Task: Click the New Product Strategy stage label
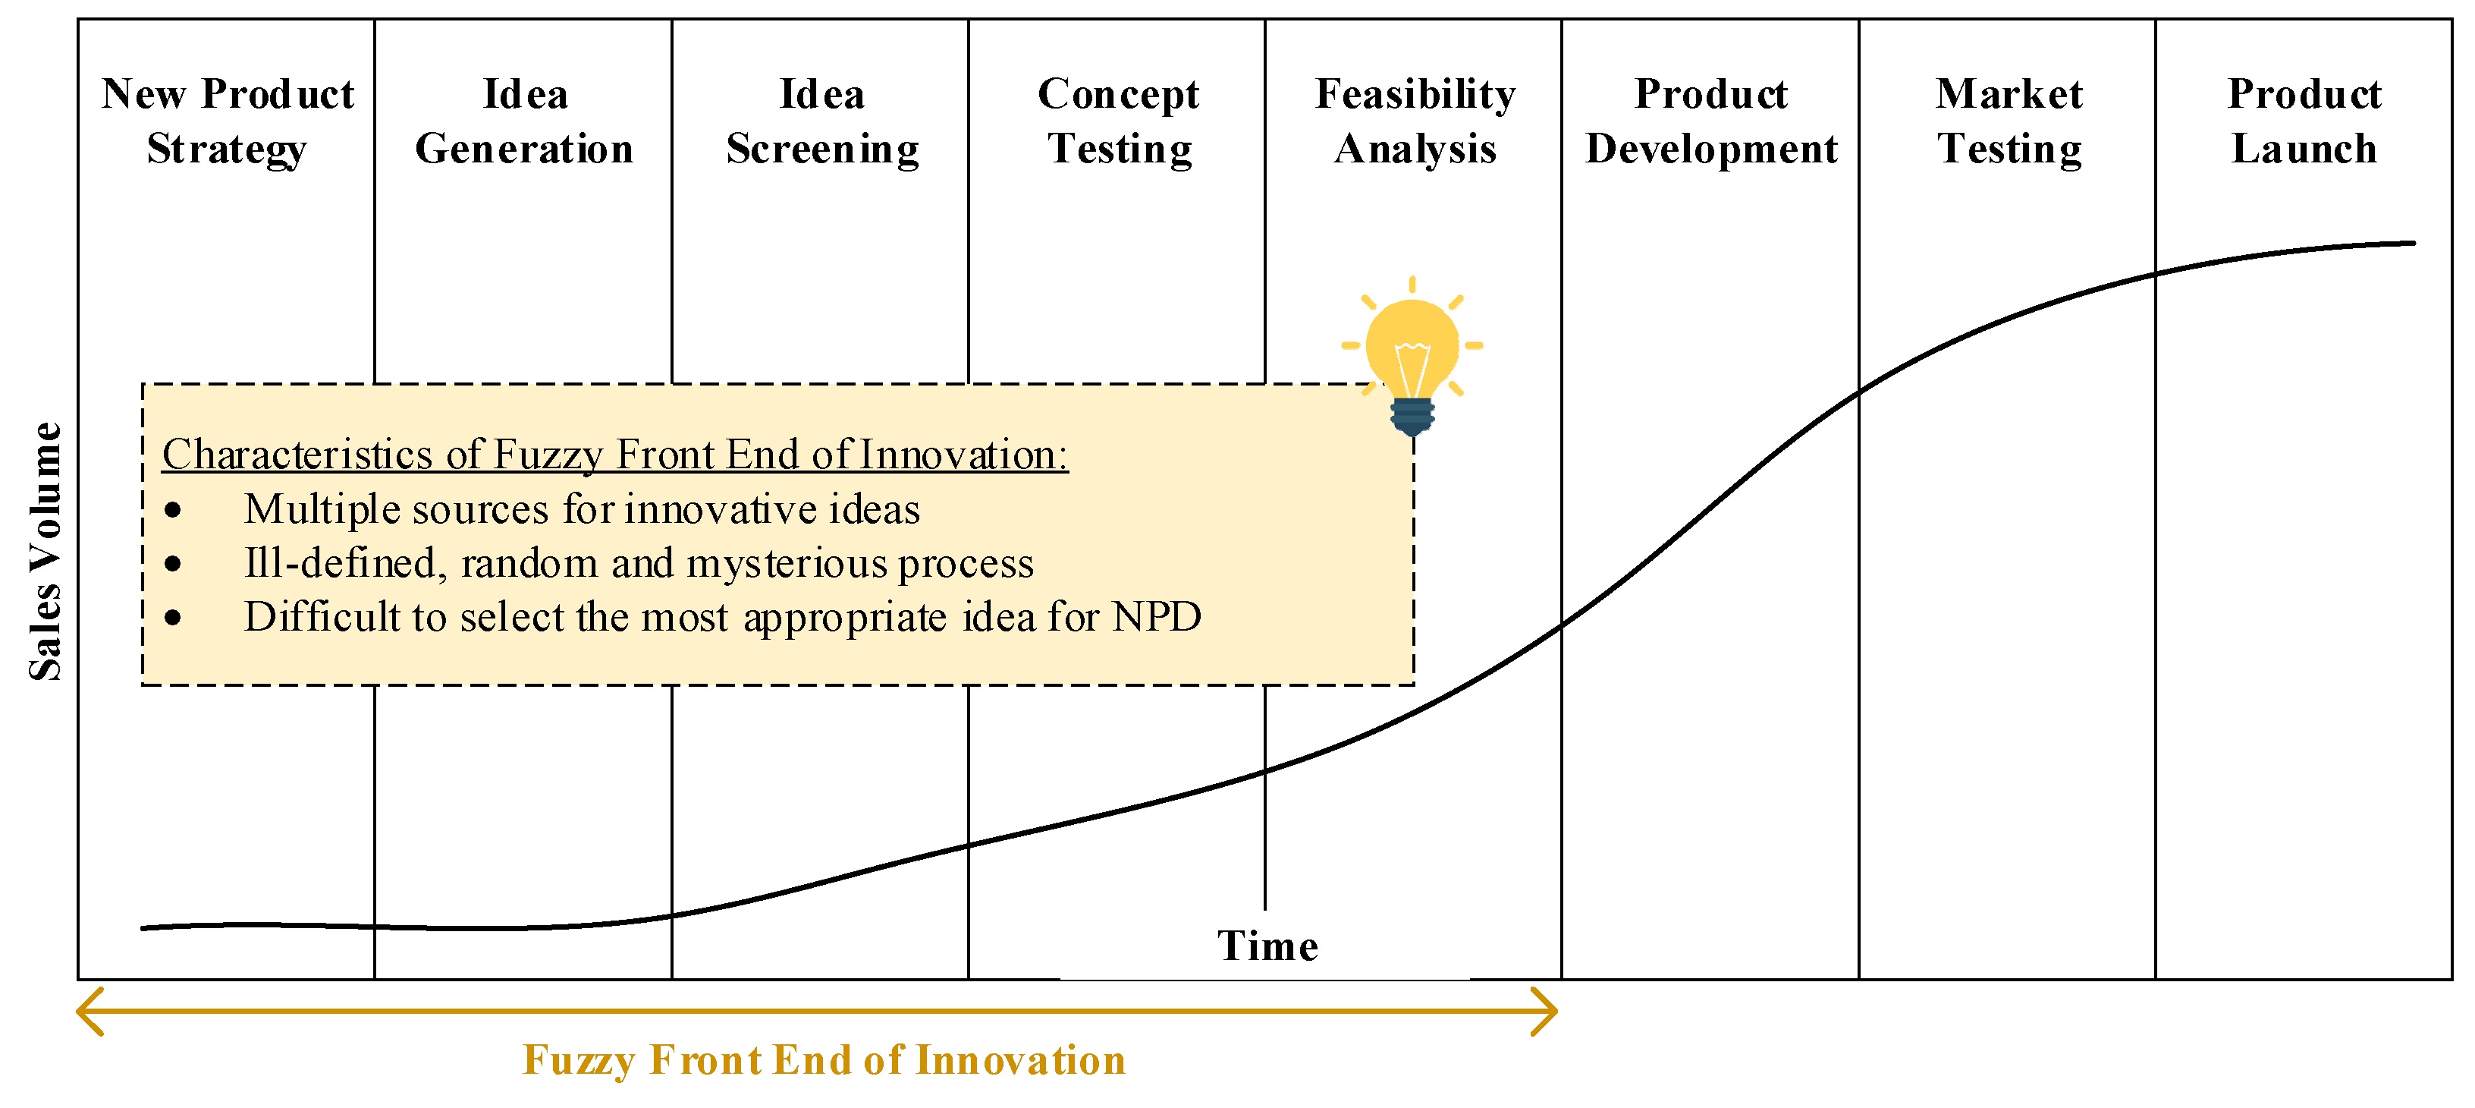228,121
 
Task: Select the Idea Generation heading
525,121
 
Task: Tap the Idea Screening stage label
822,121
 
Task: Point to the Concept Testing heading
1120,121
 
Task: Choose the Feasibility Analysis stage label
1415,121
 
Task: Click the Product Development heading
1711,121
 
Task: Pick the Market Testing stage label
2009,121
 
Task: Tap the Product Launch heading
2305,121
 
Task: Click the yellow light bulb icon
1412,357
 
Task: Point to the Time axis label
1267,946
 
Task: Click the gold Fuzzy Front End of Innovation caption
824,1060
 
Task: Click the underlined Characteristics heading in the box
615,455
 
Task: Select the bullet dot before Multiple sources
173,510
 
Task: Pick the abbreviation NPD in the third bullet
1157,617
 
